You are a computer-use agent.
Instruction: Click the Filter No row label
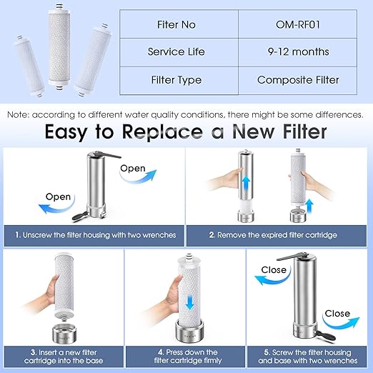click(176, 24)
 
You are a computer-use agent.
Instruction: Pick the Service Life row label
click(176, 51)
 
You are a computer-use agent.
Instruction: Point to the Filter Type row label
click(176, 79)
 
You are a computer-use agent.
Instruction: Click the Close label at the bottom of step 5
click(337, 313)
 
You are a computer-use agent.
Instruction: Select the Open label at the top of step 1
click(132, 169)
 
